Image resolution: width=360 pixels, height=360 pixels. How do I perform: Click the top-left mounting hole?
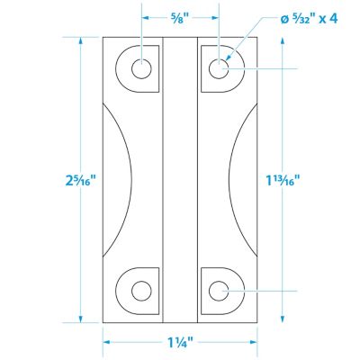pos(142,67)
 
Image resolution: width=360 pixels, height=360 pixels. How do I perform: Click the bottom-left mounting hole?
pos(142,290)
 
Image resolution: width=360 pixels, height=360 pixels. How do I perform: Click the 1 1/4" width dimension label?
pos(180,343)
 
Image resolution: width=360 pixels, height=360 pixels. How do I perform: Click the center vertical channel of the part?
pos(181,180)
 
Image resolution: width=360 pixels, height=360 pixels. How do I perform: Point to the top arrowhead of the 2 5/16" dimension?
pos(81,40)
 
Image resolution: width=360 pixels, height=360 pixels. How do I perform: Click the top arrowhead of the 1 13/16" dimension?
pos(284,72)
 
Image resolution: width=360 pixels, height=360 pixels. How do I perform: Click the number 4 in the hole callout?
pos(335,17)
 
